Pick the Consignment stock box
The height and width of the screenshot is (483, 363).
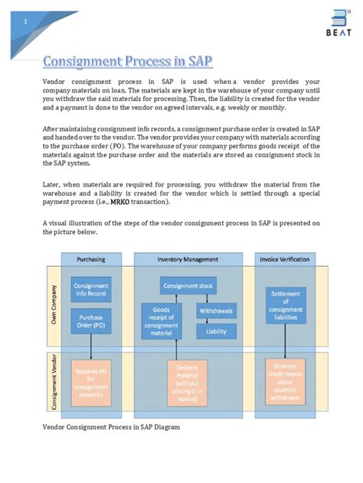tap(188, 286)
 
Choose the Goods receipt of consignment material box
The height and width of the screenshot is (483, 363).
tap(162, 319)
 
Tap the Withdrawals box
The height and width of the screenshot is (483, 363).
tap(217, 312)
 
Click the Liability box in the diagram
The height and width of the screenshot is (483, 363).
tap(217, 331)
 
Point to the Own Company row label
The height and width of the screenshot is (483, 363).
tap(54, 306)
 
